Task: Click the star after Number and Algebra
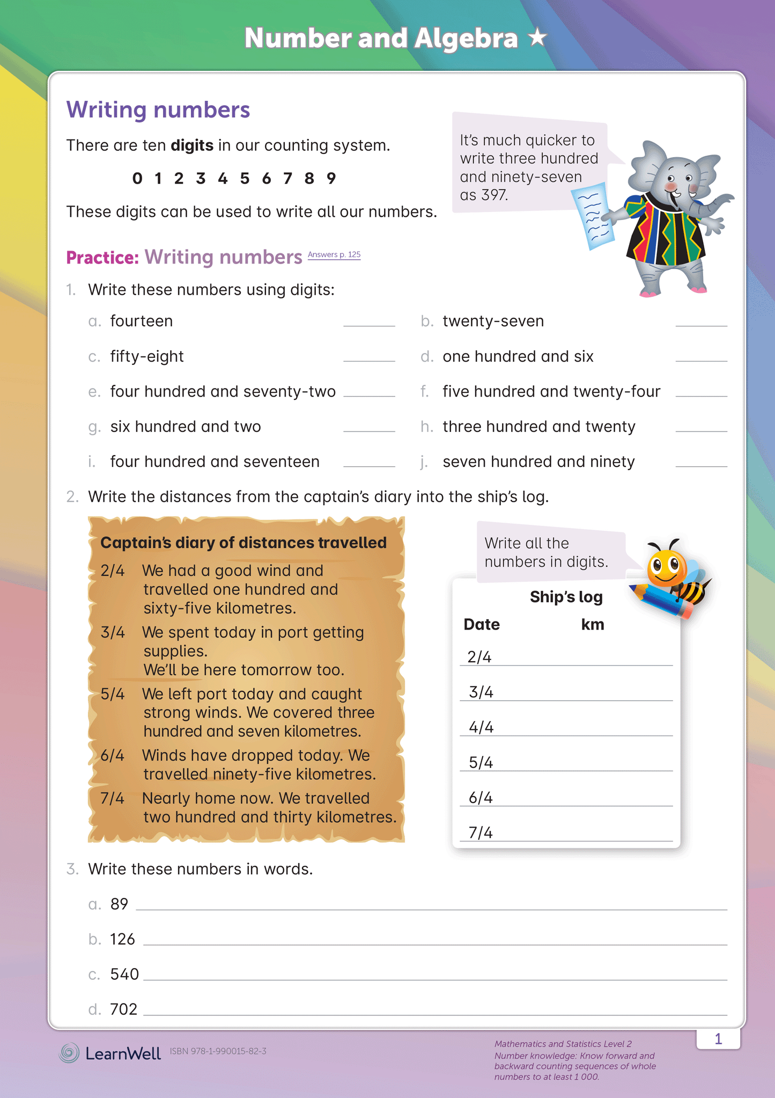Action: click(x=537, y=38)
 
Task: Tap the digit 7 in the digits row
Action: click(x=287, y=178)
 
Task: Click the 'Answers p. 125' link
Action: click(x=334, y=254)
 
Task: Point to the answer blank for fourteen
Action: click(x=369, y=322)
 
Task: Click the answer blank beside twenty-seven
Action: click(x=701, y=322)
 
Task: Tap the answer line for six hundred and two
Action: click(x=369, y=427)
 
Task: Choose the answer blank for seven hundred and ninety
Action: click(x=701, y=463)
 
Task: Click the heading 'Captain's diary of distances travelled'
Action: click(x=243, y=543)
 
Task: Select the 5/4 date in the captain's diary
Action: click(x=113, y=694)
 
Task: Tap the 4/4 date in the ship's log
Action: click(x=481, y=727)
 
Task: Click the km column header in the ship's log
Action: click(x=593, y=624)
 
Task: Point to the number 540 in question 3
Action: click(x=124, y=974)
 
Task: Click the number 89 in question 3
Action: click(x=119, y=904)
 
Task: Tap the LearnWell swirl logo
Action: click(x=69, y=1053)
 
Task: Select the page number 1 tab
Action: click(x=718, y=1039)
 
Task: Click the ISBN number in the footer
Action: click(x=218, y=1051)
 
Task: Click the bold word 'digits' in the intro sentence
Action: click(x=192, y=145)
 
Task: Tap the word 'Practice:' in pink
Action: click(x=102, y=258)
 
